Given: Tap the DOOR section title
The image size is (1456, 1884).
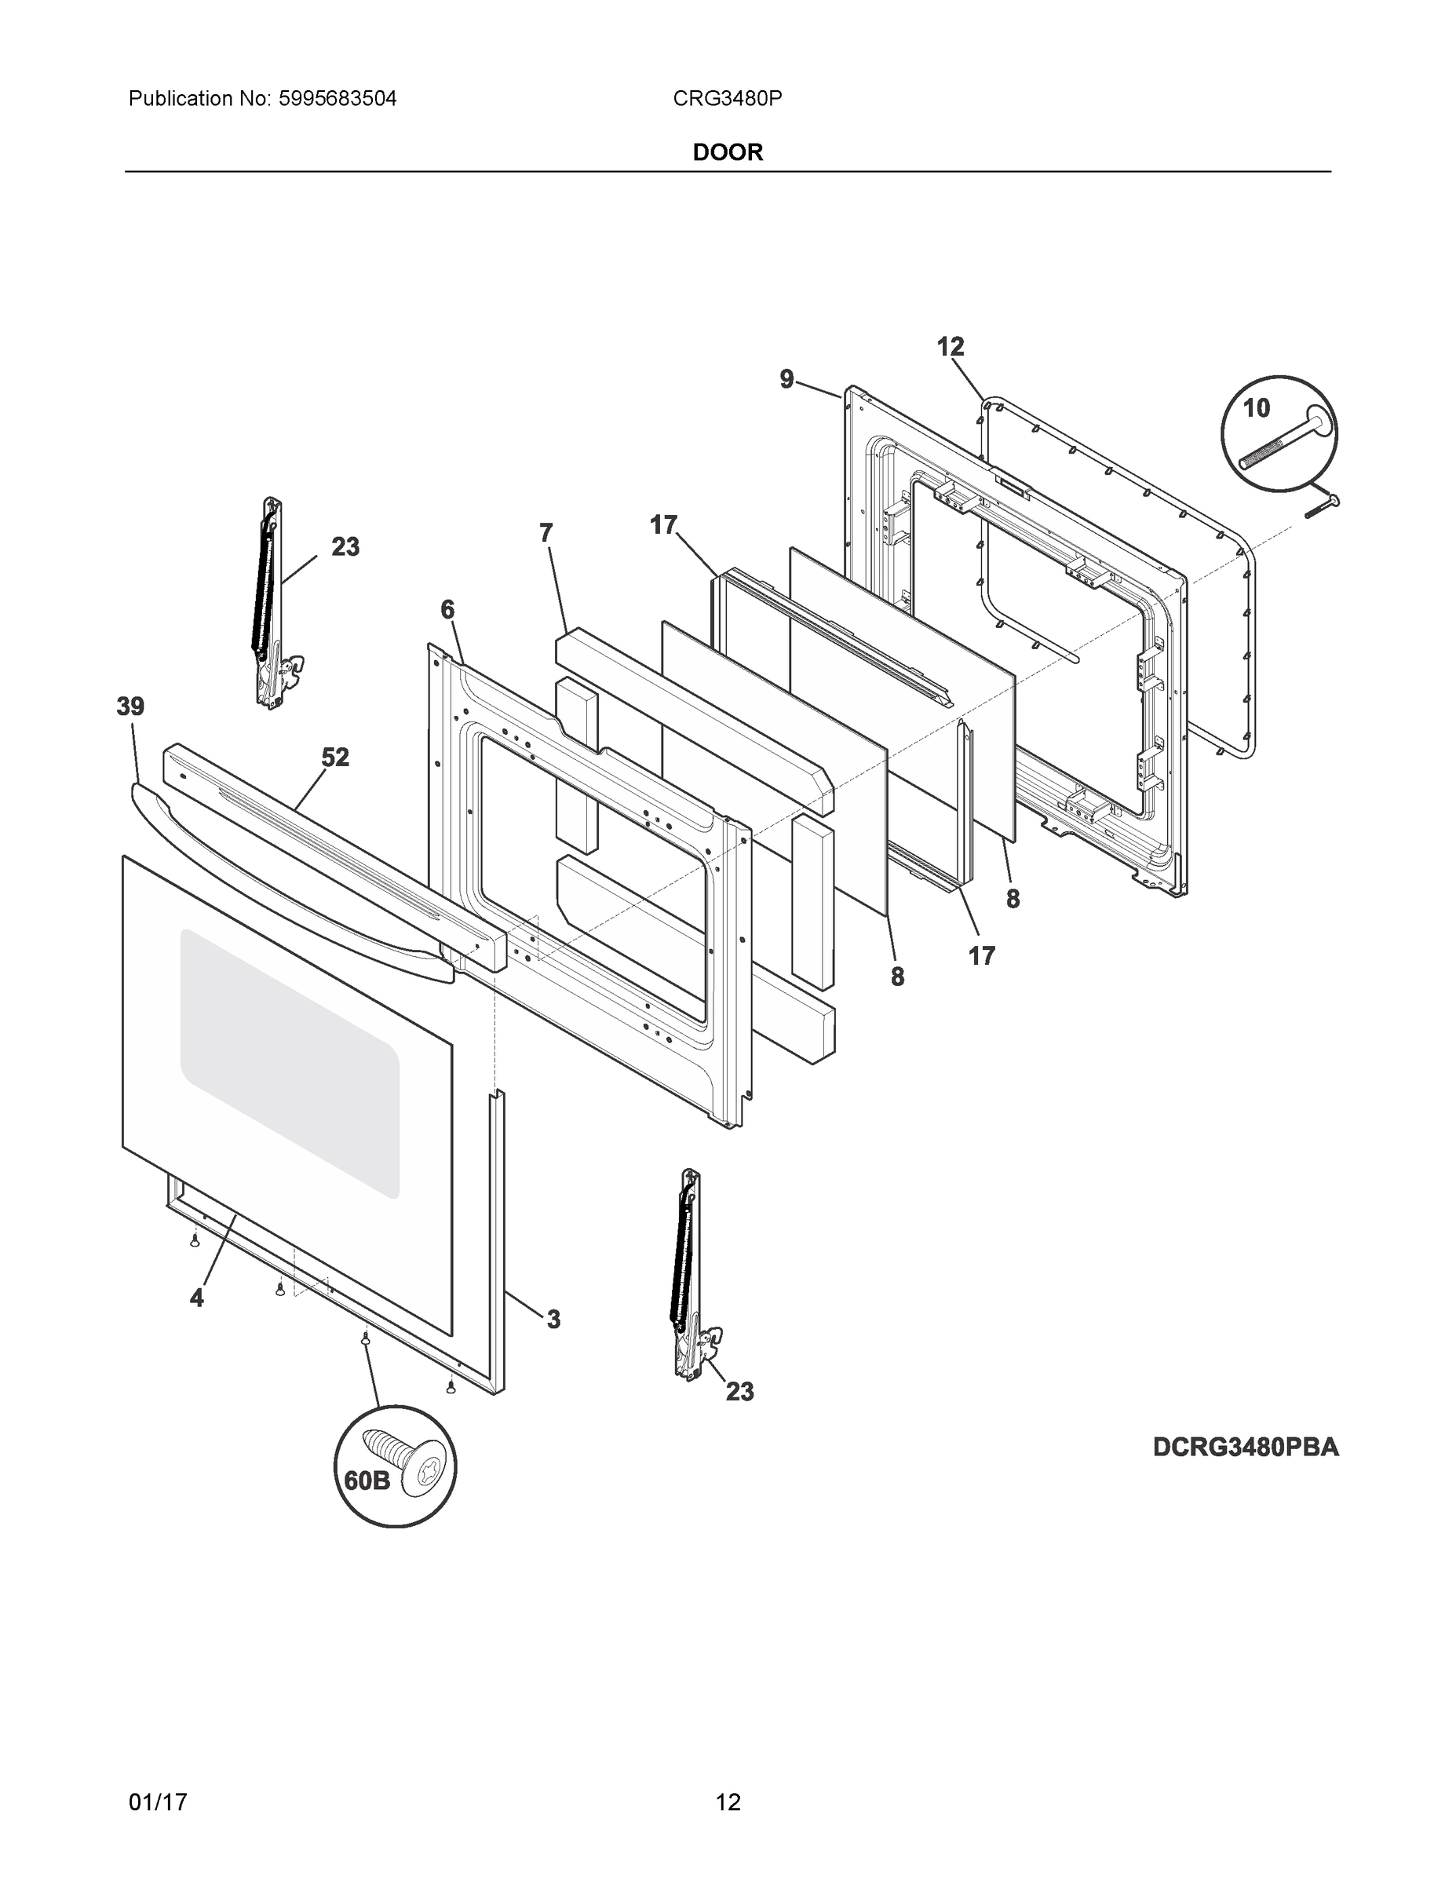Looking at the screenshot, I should pyautogui.click(x=728, y=153).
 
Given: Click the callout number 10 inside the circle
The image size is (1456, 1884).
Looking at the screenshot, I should pyautogui.click(x=1256, y=408).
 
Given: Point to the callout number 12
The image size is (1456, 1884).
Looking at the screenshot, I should pyautogui.click(x=950, y=348).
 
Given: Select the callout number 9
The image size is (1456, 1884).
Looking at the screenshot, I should pyautogui.click(x=786, y=380).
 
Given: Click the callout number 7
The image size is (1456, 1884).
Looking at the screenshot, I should pyautogui.click(x=546, y=534).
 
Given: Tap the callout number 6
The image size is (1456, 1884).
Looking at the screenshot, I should pyautogui.click(x=447, y=611).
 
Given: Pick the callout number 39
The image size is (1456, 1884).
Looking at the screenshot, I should pyautogui.click(x=130, y=707).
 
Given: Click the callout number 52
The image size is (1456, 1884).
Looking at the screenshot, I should pyautogui.click(x=335, y=758).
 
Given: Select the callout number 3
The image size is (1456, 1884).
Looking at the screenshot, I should pyautogui.click(x=553, y=1319).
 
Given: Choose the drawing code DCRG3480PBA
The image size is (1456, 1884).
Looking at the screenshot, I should pyautogui.click(x=1246, y=1448).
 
